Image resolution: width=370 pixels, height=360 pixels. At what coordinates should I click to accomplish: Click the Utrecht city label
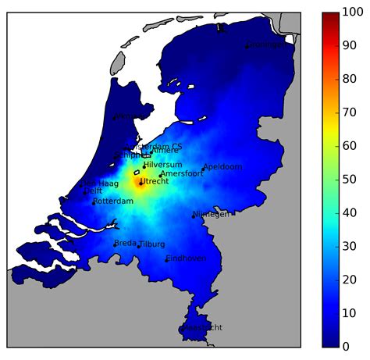[x=154, y=181]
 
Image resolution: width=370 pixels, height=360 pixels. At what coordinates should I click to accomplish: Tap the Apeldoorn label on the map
[x=223, y=167]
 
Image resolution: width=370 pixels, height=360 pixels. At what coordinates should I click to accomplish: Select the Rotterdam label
[x=114, y=201]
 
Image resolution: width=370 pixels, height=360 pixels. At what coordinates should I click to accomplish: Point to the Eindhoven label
[x=187, y=258]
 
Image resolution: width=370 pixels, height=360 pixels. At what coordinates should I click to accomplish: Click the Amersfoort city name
[x=182, y=174]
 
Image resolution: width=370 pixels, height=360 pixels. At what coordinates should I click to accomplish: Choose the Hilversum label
[x=164, y=165]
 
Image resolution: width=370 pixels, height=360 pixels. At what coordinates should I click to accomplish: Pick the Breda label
[x=125, y=244]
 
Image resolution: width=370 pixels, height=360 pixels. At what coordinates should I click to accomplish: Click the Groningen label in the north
[x=267, y=45]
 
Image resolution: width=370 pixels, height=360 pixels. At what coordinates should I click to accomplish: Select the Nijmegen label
[x=212, y=214]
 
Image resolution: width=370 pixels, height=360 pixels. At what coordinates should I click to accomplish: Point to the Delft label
[x=93, y=191]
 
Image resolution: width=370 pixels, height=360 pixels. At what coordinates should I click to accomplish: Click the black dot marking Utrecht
[x=141, y=184]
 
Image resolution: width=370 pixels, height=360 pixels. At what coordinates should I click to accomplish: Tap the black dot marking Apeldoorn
[x=204, y=169]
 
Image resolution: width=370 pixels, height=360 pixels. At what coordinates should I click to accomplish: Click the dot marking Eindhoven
[x=166, y=261]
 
